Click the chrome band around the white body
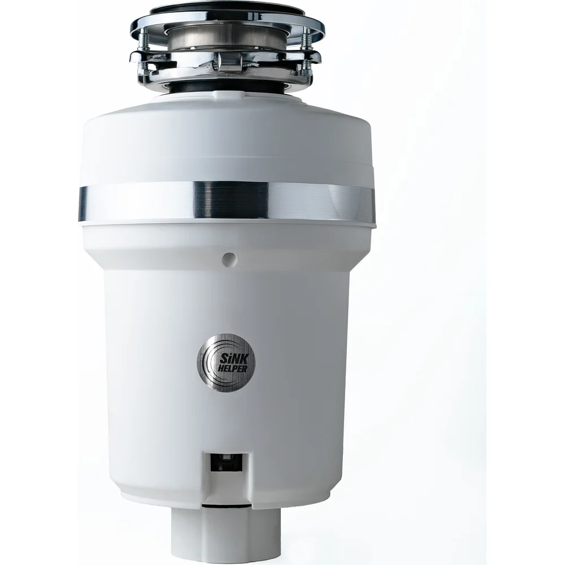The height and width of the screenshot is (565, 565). tap(227, 201)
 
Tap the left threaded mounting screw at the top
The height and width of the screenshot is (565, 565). tap(142, 54)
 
